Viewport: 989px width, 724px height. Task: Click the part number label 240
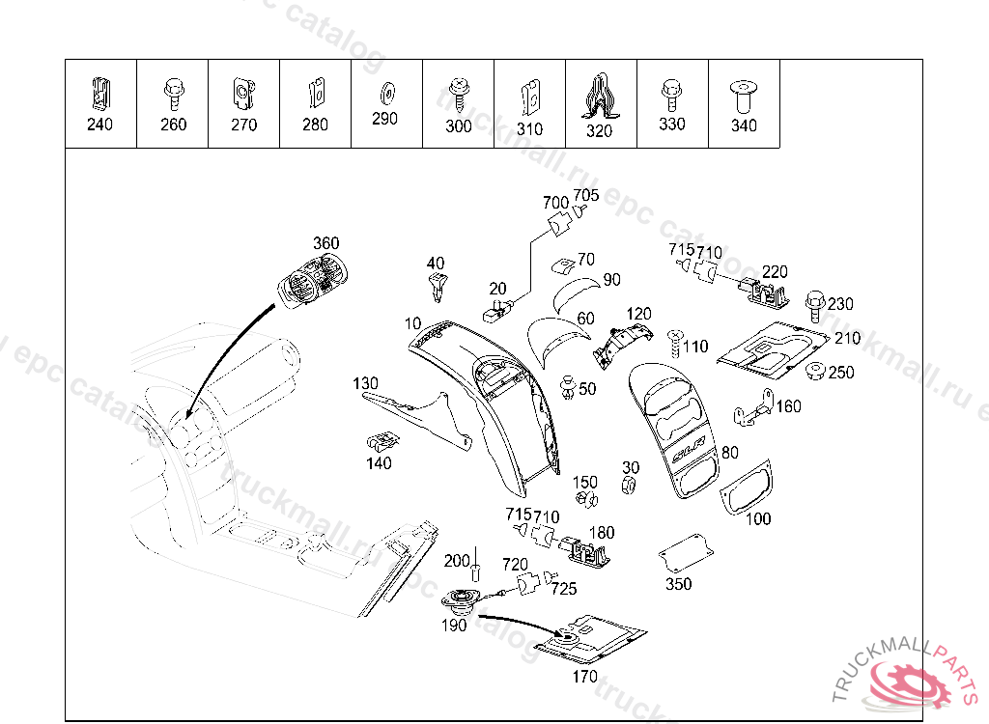tap(99, 125)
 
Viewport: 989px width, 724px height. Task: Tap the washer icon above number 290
tap(385, 91)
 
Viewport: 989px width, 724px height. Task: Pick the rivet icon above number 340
tap(743, 95)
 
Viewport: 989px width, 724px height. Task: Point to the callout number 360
tap(326, 243)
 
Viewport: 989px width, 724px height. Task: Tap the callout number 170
tap(585, 677)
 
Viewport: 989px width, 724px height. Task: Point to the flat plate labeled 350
tap(685, 553)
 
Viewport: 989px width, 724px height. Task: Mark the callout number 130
tap(365, 383)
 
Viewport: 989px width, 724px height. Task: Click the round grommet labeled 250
tap(816, 372)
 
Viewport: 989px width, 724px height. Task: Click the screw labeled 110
tap(674, 340)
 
